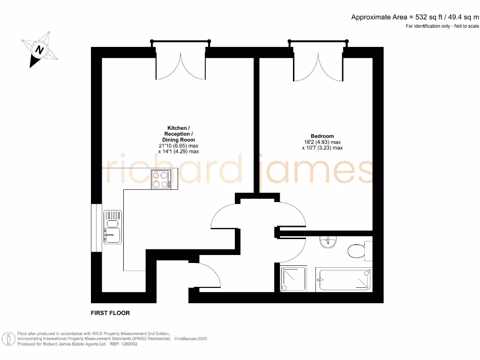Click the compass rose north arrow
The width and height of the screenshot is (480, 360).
click(40, 49)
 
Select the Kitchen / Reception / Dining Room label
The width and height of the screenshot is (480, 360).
click(179, 134)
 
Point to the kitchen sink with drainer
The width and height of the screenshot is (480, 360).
click(112, 227)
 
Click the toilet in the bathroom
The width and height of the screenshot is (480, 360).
click(359, 250)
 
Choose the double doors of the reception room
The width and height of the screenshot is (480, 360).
click(180, 66)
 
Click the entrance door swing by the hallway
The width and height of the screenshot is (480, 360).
click(210, 276)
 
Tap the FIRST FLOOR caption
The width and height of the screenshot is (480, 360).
click(111, 313)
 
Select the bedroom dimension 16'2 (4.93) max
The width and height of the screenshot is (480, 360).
click(322, 142)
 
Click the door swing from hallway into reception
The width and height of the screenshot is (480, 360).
click(224, 216)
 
